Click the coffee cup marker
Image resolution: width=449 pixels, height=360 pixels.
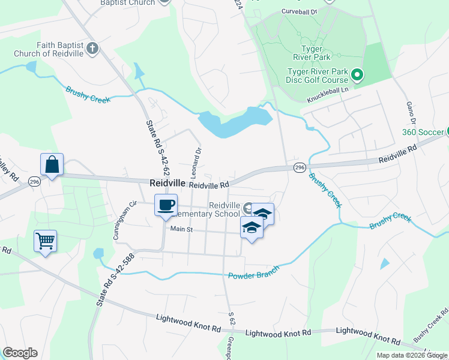click(x=166, y=205)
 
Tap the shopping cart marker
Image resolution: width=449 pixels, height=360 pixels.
click(x=46, y=241)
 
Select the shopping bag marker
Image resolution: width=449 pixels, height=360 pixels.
click(x=52, y=164)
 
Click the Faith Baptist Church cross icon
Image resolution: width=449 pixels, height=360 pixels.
click(x=92, y=48)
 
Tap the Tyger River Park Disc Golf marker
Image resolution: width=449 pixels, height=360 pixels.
click(x=357, y=75)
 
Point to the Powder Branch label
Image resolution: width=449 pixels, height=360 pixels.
click(x=254, y=272)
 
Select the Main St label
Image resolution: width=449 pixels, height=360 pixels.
click(x=181, y=229)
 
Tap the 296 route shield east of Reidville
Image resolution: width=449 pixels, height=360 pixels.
click(x=300, y=168)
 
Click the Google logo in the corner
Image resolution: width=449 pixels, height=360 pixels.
click(x=20, y=353)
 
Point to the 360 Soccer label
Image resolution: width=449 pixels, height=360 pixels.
click(x=423, y=132)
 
